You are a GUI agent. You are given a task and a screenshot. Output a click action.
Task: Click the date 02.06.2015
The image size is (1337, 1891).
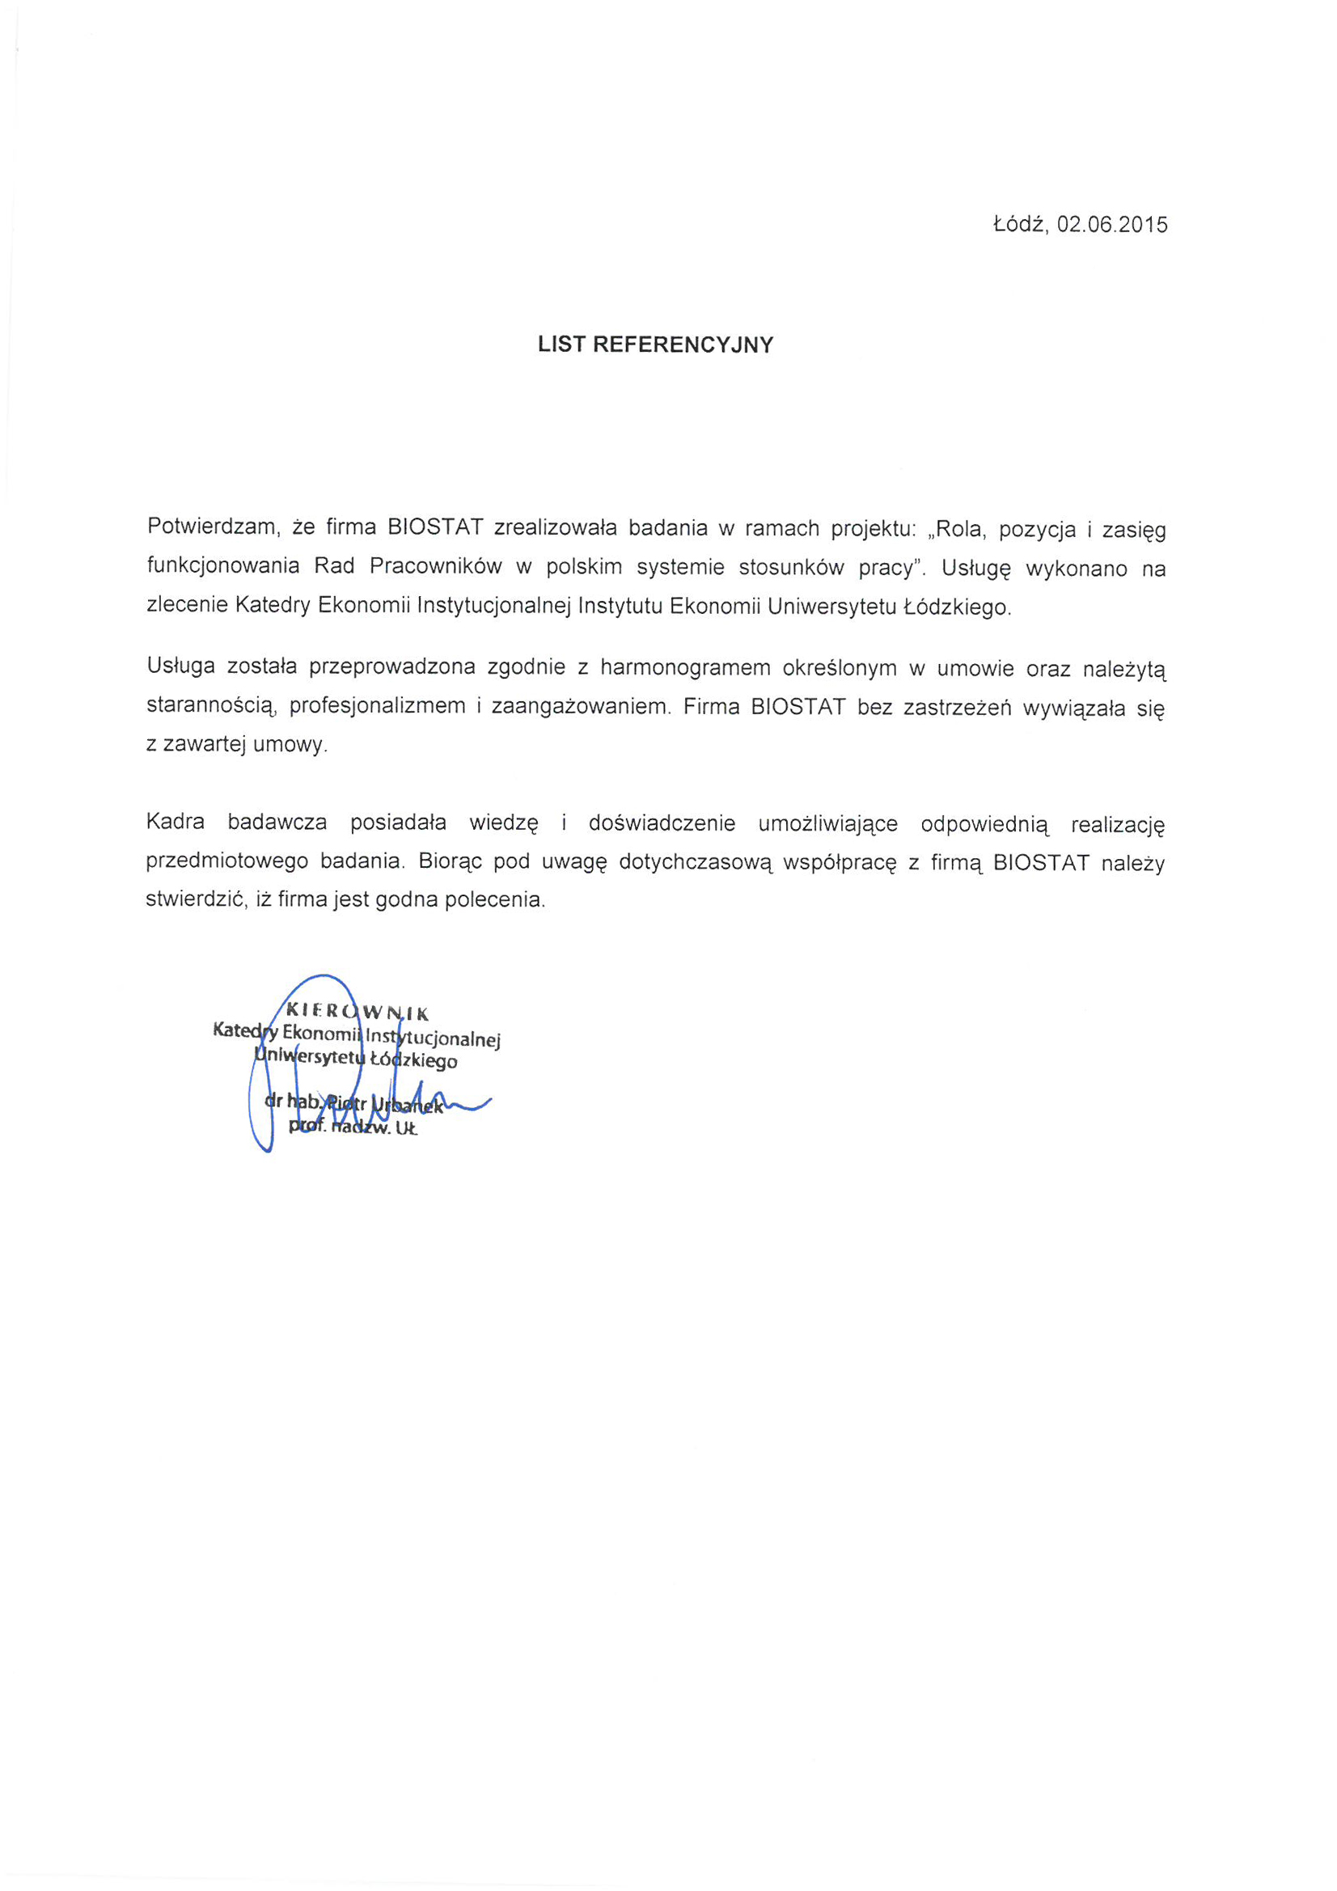(x=1112, y=225)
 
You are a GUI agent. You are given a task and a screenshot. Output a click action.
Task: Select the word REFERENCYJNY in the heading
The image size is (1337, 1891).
(x=683, y=345)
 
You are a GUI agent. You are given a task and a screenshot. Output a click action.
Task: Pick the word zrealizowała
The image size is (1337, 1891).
(x=555, y=528)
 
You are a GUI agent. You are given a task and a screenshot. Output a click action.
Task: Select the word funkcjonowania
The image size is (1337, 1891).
(x=223, y=567)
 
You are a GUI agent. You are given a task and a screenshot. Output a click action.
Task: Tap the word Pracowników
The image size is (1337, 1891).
(x=436, y=567)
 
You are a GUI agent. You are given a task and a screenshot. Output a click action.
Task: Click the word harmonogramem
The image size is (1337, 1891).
(x=685, y=668)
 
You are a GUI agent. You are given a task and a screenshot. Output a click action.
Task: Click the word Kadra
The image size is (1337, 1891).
(x=176, y=822)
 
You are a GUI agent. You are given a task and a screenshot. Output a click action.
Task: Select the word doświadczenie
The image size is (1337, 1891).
(x=662, y=823)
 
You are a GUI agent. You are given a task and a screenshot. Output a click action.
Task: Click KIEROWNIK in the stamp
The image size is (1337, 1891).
(x=357, y=1012)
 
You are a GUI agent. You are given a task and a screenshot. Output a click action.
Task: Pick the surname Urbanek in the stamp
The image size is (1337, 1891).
(x=408, y=1106)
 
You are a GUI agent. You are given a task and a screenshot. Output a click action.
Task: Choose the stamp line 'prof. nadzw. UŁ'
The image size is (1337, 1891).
(x=353, y=1127)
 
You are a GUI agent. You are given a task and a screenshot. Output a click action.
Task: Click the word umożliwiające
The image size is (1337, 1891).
(x=828, y=823)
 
